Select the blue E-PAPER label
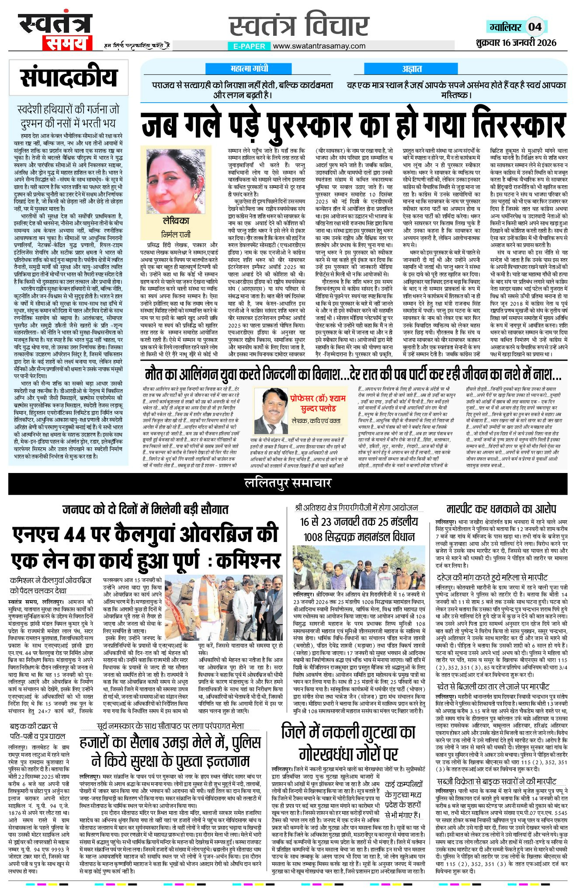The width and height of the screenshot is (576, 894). tap(249, 46)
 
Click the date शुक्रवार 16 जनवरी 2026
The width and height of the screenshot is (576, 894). tap(516, 42)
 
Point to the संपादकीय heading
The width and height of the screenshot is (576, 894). tap(69, 78)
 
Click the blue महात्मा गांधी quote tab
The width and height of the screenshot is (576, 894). tap(249, 69)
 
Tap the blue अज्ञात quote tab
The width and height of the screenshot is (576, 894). tap(412, 69)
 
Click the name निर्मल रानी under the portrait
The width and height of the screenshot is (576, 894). tap(176, 235)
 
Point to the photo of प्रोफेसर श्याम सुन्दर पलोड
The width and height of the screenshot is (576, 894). tap(271, 410)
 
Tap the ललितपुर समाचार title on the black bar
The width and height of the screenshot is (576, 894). tap(288, 483)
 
